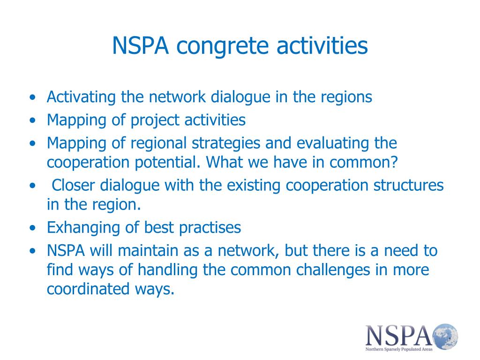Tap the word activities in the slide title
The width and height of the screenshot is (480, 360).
point(322,45)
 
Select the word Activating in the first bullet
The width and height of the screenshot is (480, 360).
point(81,97)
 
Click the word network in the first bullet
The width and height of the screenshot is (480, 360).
point(177,97)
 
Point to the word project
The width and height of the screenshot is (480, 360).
point(155,120)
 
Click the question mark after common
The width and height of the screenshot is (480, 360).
point(394,162)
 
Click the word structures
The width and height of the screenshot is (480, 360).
point(408,185)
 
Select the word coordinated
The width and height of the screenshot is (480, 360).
point(88,289)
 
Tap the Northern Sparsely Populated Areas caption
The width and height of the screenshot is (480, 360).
point(399,349)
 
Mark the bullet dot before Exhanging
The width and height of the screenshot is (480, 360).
point(33,228)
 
